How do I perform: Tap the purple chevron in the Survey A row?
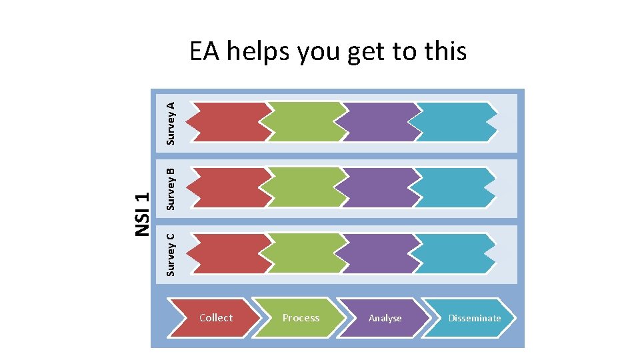tap(379, 122)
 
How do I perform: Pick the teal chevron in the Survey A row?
tap(453, 122)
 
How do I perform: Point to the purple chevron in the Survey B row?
tap(379, 187)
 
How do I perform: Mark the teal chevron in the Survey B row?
tap(453, 187)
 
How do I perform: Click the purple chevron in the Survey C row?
tap(379, 253)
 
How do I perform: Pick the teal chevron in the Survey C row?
tap(453, 253)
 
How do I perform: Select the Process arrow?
tap(300, 317)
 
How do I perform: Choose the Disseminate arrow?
tap(472, 317)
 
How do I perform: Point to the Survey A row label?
tap(171, 123)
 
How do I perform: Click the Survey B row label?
tap(171, 189)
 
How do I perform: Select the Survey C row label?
tap(171, 254)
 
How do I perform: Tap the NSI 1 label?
tap(141, 213)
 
